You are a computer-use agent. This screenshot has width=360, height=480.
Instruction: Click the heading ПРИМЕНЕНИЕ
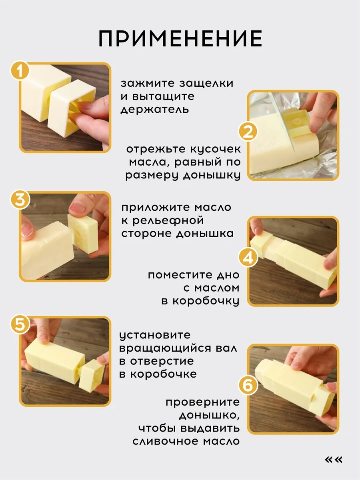[x=180, y=38]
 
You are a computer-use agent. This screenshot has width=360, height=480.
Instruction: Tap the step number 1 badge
[x=20, y=71]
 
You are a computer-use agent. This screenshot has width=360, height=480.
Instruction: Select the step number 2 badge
[x=248, y=132]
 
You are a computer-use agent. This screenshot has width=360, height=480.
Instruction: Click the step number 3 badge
[x=20, y=200]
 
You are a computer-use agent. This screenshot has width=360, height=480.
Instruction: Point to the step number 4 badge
[x=248, y=258]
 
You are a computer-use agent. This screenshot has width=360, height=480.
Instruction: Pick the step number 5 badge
[x=20, y=324]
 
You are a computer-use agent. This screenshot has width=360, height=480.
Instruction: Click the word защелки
[x=206, y=84]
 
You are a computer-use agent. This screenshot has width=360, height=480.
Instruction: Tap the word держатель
[x=154, y=110]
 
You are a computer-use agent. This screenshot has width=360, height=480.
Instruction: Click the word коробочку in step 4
[x=206, y=301]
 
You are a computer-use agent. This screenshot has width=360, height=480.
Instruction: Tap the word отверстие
[x=162, y=361]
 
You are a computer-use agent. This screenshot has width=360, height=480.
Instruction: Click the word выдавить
[x=210, y=428]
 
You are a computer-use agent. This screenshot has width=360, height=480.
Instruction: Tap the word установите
[x=155, y=336]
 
